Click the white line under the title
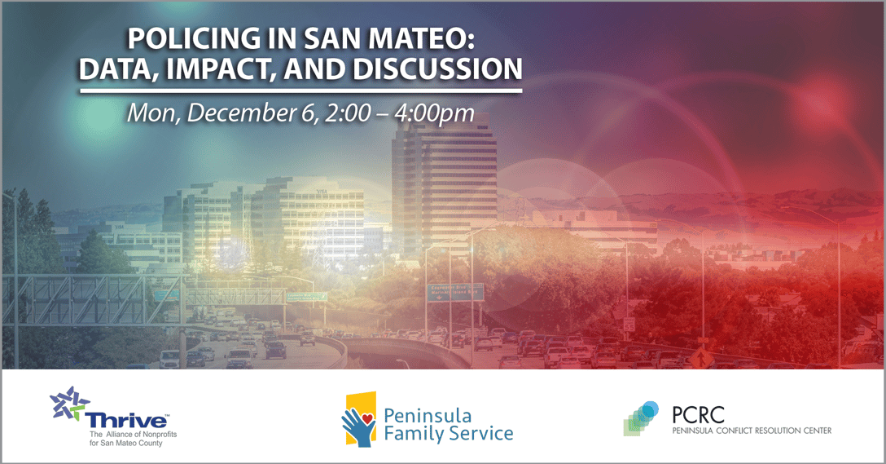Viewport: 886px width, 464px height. (x=300, y=91)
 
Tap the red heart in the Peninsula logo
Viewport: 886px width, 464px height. (x=366, y=418)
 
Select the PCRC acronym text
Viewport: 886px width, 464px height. (x=698, y=414)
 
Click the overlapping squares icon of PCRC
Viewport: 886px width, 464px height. (x=641, y=418)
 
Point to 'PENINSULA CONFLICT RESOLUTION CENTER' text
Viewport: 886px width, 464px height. (x=752, y=431)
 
